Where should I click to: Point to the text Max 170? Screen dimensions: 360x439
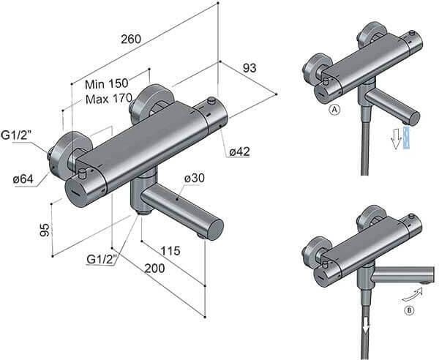pyautogui.click(x=109, y=99)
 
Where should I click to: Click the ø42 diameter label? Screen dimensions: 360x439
pyautogui.click(x=239, y=151)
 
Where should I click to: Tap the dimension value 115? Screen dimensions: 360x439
pyautogui.click(x=169, y=251)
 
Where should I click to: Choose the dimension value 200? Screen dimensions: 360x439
pyautogui.click(x=154, y=269)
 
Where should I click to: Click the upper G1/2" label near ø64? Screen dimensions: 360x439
pyautogui.click(x=18, y=135)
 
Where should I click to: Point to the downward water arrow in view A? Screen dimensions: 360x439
pyautogui.click(x=398, y=137)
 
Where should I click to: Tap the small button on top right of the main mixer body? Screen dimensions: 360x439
pyautogui.click(x=212, y=100)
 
